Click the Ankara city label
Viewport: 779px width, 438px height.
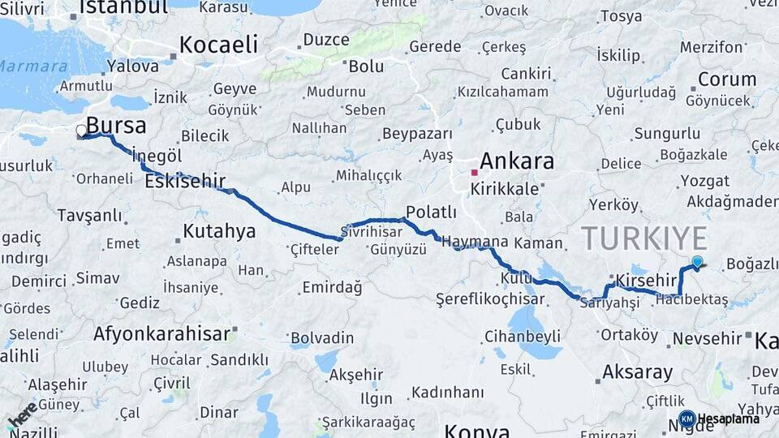pyautogui.click(x=516, y=161)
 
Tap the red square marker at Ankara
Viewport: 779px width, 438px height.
pyautogui.click(x=475, y=172)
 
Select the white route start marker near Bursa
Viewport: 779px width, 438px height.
pyautogui.click(x=81, y=131)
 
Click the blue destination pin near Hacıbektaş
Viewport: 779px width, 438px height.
pyautogui.click(x=697, y=262)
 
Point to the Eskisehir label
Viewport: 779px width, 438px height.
pyautogui.click(x=185, y=182)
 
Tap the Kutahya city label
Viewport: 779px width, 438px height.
pyautogui.click(x=219, y=231)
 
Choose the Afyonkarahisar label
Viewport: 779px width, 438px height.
pyautogui.click(x=161, y=333)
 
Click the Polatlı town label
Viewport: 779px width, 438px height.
pyautogui.click(x=431, y=213)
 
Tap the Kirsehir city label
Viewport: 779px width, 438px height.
pyautogui.click(x=646, y=280)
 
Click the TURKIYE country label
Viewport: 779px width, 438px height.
pyautogui.click(x=644, y=238)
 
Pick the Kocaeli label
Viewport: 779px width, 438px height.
pyautogui.click(x=218, y=45)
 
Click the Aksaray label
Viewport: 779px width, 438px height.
pyautogui.click(x=637, y=373)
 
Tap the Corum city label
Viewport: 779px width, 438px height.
pyautogui.click(x=727, y=79)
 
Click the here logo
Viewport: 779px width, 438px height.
pyautogui.click(x=22, y=414)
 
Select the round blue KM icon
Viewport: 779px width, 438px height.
pyautogui.click(x=686, y=419)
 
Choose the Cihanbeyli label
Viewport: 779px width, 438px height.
pyautogui.click(x=522, y=335)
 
